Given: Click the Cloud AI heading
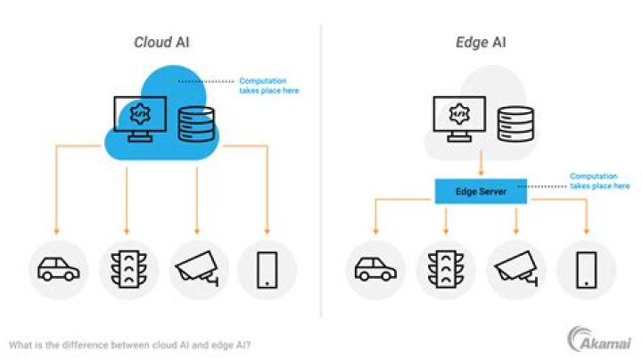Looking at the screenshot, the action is pyautogui.click(x=161, y=42).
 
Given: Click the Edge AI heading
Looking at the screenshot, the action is pyautogui.click(x=481, y=42).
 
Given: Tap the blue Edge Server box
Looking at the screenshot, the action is pyautogui.click(x=481, y=191).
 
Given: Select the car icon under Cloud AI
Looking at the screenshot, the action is pyautogui.click(x=59, y=269).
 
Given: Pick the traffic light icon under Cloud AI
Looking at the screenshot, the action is pyautogui.click(x=128, y=269).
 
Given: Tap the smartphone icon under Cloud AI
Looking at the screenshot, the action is pyautogui.click(x=267, y=270).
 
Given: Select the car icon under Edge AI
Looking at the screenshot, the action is pyautogui.click(x=375, y=269).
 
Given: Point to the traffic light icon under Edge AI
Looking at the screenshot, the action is pyautogui.click(x=446, y=269).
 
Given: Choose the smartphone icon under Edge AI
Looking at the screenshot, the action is pyautogui.click(x=587, y=270).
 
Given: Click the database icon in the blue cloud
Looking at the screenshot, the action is pyautogui.click(x=196, y=124).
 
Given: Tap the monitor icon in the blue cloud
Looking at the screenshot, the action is pyautogui.click(x=140, y=119).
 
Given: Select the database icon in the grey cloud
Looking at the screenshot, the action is pyautogui.click(x=515, y=124).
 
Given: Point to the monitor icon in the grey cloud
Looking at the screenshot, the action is pyautogui.click(x=459, y=119).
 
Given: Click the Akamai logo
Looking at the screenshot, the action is pyautogui.click(x=599, y=340).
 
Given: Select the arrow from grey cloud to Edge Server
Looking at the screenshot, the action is pyautogui.click(x=481, y=164).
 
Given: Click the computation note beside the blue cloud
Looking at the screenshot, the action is pyautogui.click(x=269, y=86).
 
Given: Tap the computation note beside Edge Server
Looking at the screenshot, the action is pyautogui.click(x=600, y=181).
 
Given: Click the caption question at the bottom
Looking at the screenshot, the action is pyautogui.click(x=129, y=345).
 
